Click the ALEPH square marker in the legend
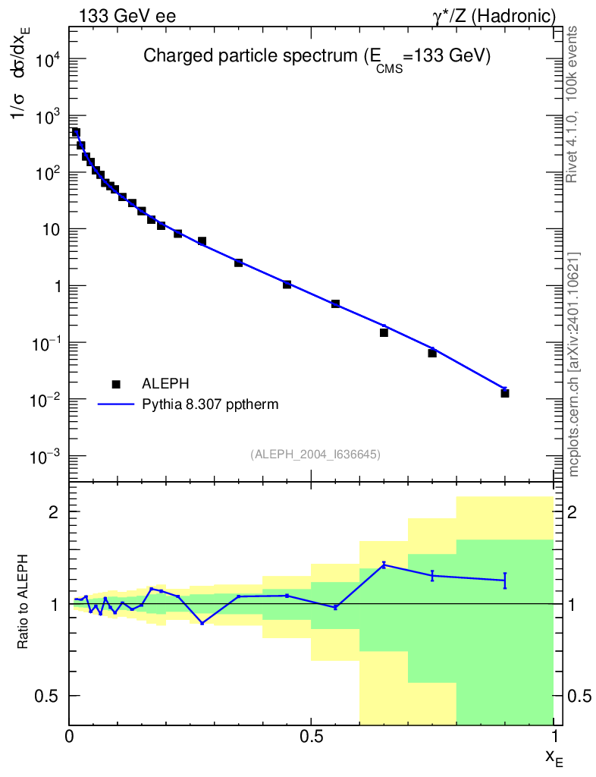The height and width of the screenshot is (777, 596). click(x=116, y=385)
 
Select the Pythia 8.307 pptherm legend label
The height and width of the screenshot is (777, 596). click(x=211, y=404)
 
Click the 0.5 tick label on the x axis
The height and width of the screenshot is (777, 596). click(x=311, y=737)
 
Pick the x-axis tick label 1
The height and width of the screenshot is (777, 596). click(x=554, y=737)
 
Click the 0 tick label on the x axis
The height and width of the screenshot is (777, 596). click(x=69, y=737)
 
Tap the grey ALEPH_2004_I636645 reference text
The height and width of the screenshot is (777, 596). click(x=315, y=455)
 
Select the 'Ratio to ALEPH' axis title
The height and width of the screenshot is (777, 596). click(x=24, y=603)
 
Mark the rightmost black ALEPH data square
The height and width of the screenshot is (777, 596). click(x=505, y=393)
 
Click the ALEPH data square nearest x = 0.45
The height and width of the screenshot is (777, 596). click(x=287, y=285)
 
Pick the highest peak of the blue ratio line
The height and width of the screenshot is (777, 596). click(x=384, y=564)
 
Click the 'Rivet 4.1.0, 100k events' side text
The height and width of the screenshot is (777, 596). click(x=573, y=103)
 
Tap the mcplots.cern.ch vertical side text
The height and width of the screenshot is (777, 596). click(x=574, y=364)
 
